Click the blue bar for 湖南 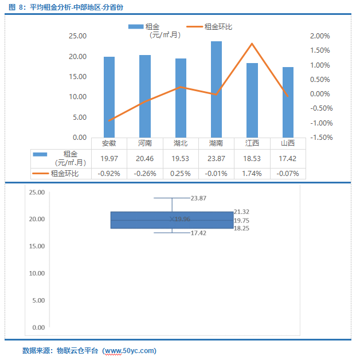pyautogui.click(x=216, y=89)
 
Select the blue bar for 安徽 pyautogui.click(x=109, y=97)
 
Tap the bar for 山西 pyautogui.click(x=288, y=102)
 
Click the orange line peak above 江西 pyautogui.click(x=252, y=44)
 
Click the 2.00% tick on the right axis pyautogui.click(x=320, y=36)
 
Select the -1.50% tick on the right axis pyautogui.click(x=320, y=138)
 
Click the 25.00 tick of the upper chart pyautogui.click(x=77, y=36)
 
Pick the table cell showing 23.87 pyautogui.click(x=216, y=158)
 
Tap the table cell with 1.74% pyautogui.click(x=252, y=173)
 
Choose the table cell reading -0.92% pyautogui.click(x=109, y=173)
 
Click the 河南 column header pyautogui.click(x=144, y=143)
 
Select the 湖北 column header pyautogui.click(x=181, y=143)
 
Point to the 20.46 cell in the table pyautogui.click(x=144, y=158)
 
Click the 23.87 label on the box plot pyautogui.click(x=198, y=198)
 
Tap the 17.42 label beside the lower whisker pyautogui.click(x=198, y=233)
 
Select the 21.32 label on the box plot pyautogui.click(x=241, y=212)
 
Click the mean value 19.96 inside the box pyautogui.click(x=182, y=218)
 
